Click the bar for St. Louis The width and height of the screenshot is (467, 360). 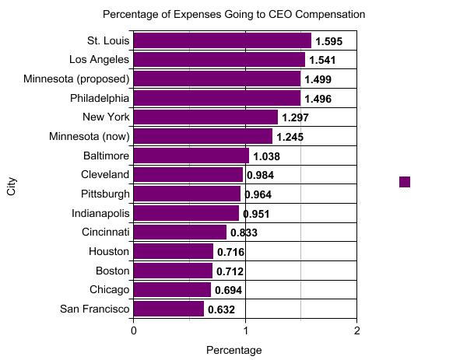(223, 40)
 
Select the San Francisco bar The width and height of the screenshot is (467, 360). (169, 309)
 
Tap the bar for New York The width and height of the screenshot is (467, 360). (205, 117)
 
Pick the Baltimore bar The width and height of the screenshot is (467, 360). (191, 156)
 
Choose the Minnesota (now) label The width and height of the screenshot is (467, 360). (89, 137)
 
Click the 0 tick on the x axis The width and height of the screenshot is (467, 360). (134, 330)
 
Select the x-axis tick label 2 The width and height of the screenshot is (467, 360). (356, 330)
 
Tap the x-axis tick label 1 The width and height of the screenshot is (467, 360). (245, 330)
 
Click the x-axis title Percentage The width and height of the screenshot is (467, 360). (233, 350)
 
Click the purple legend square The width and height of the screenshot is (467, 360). (405, 182)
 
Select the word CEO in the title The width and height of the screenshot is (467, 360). (283, 15)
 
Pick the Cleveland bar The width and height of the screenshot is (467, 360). (188, 175)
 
